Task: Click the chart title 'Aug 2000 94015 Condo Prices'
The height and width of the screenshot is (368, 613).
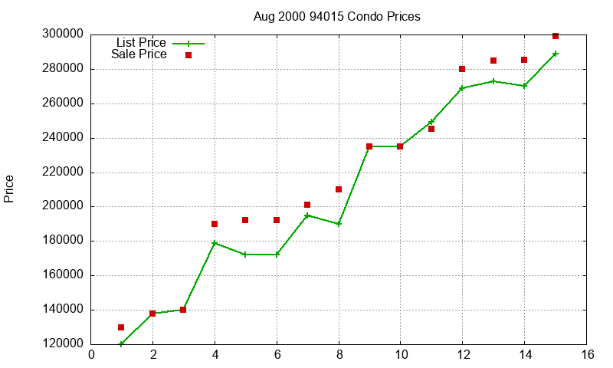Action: (336, 16)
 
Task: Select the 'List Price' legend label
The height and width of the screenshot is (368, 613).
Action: (141, 42)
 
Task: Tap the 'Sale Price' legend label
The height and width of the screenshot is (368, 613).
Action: (139, 54)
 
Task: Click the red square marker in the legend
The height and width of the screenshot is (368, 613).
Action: (188, 55)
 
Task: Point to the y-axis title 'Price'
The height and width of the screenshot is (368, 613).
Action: (9, 189)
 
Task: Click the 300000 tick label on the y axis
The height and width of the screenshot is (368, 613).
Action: (64, 34)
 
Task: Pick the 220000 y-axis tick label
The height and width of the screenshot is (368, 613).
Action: (64, 172)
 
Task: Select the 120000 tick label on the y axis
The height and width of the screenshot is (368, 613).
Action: (64, 344)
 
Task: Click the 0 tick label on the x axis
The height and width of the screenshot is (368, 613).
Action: (91, 354)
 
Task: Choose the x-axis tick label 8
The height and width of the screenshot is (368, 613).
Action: (339, 354)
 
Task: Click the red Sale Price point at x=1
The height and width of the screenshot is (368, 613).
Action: (121, 327)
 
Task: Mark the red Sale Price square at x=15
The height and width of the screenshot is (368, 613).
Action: (556, 36)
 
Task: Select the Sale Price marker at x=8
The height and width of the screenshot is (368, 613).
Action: (339, 189)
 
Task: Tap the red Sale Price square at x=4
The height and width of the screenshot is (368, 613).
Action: (215, 224)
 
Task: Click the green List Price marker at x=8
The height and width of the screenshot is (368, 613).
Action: (339, 224)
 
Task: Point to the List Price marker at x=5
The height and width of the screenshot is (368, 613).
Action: (245, 255)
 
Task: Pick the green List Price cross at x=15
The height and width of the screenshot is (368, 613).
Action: (556, 54)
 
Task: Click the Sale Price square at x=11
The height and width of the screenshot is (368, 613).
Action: (431, 129)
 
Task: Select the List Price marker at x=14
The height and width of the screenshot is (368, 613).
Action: (524, 86)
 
